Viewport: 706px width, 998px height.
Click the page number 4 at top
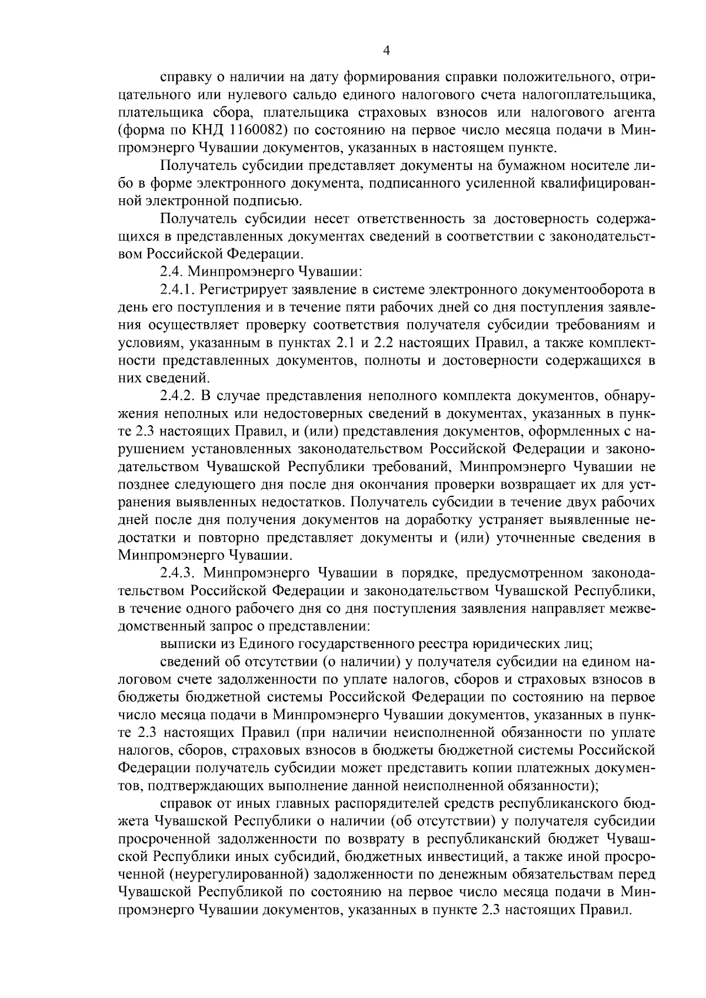coord(387,51)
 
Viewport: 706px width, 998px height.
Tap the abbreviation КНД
coord(204,129)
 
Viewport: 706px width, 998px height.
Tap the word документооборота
coord(588,289)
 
